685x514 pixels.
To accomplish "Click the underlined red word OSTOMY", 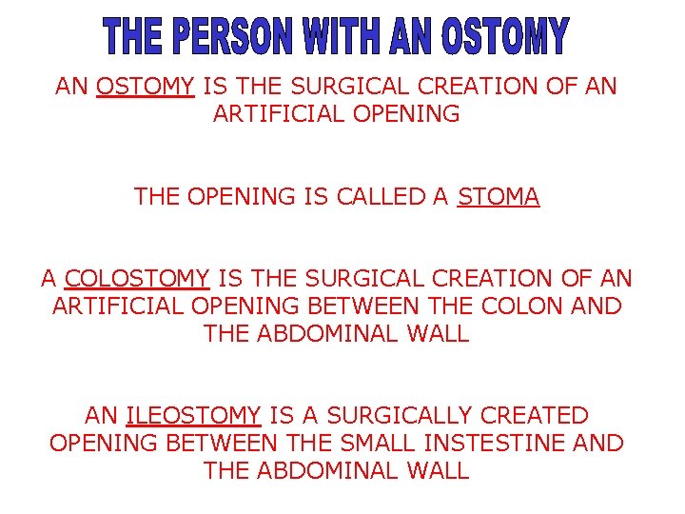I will point(146,87).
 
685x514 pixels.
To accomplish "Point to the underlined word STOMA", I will point(499,197).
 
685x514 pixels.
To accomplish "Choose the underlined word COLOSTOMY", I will point(137,279).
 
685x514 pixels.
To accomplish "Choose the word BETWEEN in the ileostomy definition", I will point(221,443).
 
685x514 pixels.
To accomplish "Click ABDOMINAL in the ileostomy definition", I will point(336,470).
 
